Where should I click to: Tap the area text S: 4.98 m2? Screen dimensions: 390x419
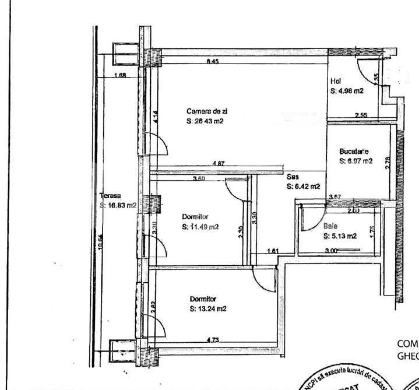click(347, 91)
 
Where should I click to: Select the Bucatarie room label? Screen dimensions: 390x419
click(354, 152)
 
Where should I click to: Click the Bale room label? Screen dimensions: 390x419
click(330, 226)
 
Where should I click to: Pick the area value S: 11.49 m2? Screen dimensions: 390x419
click(200, 227)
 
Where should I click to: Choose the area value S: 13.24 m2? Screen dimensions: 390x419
click(208, 310)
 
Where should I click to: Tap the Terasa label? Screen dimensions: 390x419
click(110, 196)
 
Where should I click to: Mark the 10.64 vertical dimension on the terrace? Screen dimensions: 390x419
click(100, 242)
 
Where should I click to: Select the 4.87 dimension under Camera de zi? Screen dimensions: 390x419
click(219, 164)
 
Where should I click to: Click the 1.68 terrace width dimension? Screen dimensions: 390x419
click(121, 75)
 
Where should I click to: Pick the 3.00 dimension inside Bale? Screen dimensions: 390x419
click(331, 251)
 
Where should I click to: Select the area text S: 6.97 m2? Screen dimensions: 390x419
click(355, 161)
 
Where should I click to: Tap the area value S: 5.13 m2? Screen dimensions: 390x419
click(340, 236)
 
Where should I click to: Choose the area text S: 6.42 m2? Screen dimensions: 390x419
click(304, 187)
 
